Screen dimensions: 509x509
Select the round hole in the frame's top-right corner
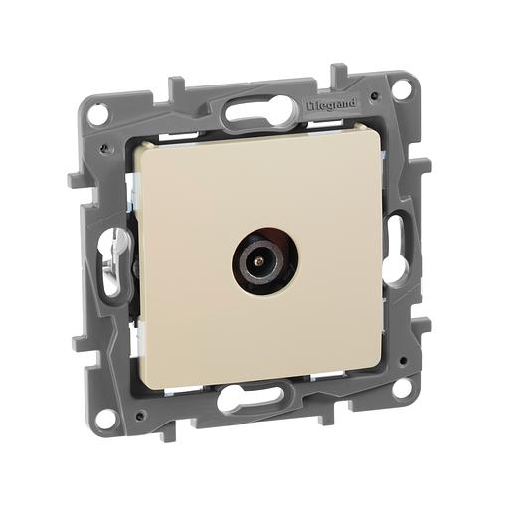click(401, 87)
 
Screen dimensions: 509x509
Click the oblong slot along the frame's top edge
click(257, 111)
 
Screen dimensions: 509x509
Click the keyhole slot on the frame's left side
click(108, 259)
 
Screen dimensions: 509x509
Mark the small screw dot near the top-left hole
click(103, 146)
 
